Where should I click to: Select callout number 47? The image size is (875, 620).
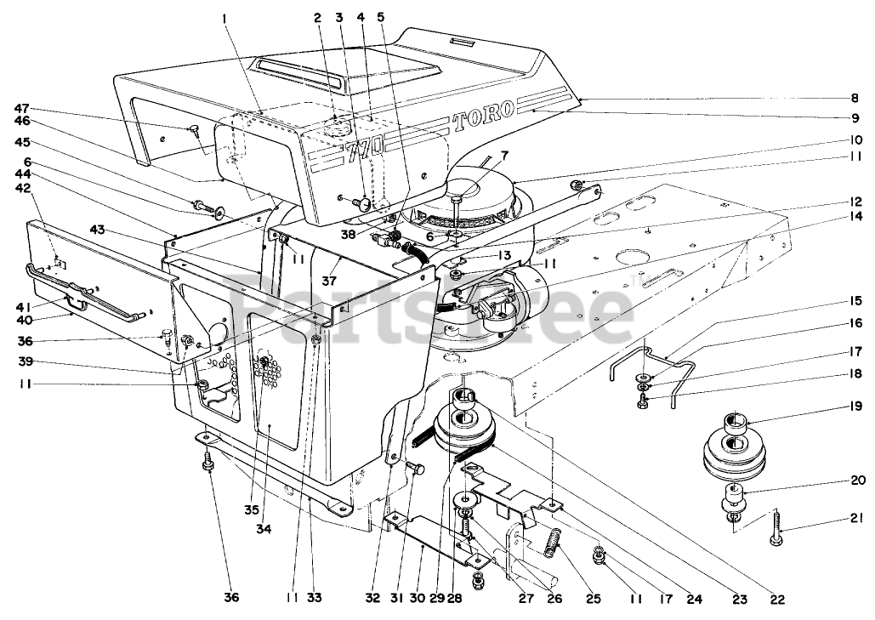tap(21, 109)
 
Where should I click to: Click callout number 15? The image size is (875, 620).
tap(853, 300)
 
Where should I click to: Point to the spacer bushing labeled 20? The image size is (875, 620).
tap(733, 493)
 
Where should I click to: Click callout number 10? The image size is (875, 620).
tap(854, 139)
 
